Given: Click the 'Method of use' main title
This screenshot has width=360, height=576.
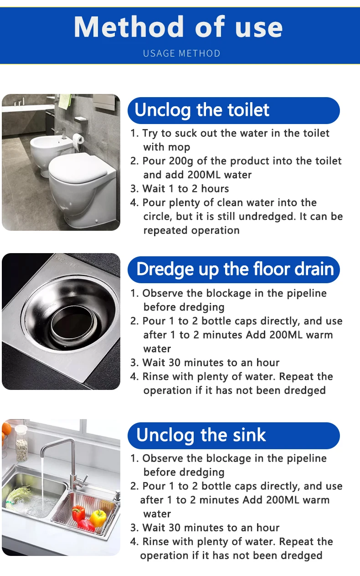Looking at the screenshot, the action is (178, 27).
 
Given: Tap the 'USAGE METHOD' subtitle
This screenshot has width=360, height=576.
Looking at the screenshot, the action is (182, 53).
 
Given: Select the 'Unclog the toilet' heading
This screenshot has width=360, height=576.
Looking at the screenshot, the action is (202, 110).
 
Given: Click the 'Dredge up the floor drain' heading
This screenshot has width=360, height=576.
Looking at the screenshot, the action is (235, 270).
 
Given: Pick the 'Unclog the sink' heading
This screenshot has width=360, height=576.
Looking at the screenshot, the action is (201, 435).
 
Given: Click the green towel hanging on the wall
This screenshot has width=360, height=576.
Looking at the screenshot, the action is (65, 101).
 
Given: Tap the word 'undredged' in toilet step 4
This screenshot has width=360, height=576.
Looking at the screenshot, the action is (267, 217).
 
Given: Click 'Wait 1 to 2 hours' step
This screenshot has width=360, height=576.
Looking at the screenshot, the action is (185, 189).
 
